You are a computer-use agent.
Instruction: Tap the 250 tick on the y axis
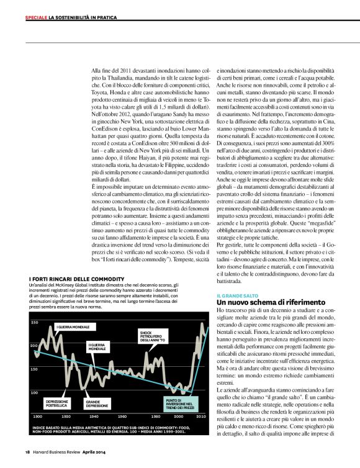pos(34,323)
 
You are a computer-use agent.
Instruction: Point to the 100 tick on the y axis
pos(34,392)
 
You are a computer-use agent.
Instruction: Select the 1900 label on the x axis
pos(37,416)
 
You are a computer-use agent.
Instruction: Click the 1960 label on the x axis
pos(122,416)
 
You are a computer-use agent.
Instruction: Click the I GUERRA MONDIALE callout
pos(73,326)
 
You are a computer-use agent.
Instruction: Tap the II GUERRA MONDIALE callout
pos(96,347)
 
